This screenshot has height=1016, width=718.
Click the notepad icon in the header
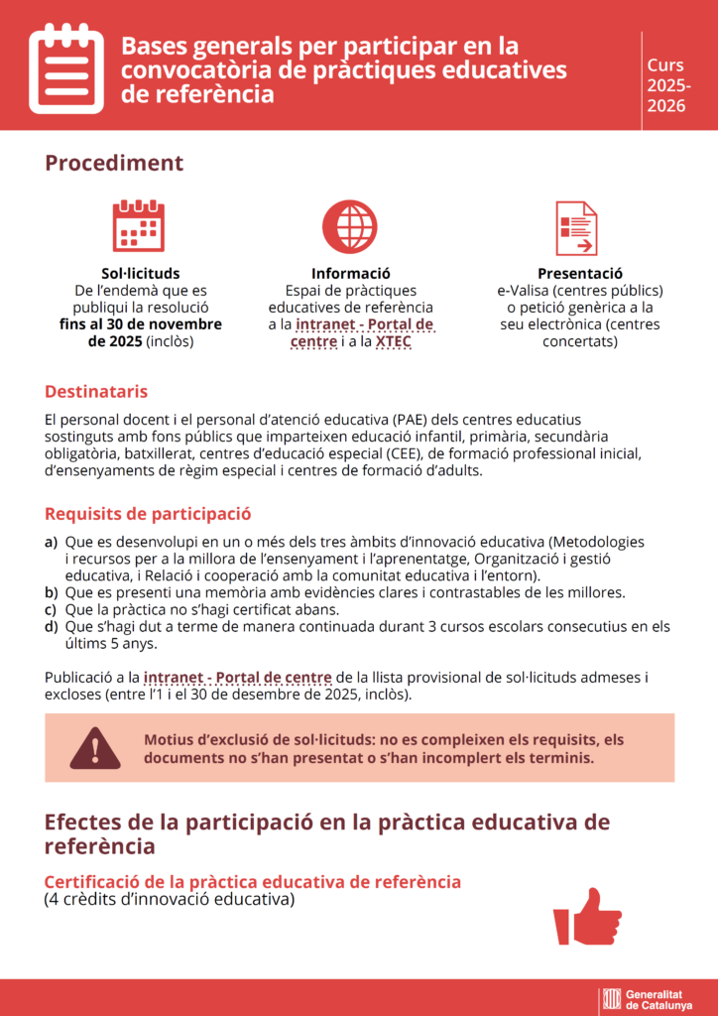(66, 67)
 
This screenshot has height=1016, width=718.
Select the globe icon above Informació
(350, 225)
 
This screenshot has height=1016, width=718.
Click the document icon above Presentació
(576, 227)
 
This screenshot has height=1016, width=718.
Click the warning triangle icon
(95, 748)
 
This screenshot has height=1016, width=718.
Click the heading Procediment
(114, 163)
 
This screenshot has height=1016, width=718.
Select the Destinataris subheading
(96, 392)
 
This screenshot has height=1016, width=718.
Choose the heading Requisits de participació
(148, 514)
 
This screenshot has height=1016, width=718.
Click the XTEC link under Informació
(394, 341)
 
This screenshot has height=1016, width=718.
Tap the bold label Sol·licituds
(141, 273)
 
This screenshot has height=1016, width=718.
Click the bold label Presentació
(579, 273)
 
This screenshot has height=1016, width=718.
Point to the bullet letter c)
(51, 609)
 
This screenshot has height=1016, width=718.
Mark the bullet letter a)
(51, 542)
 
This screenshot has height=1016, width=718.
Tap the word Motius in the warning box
(171, 739)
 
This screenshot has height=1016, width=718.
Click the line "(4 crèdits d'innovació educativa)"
(170, 900)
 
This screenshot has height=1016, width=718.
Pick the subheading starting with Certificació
(252, 881)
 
